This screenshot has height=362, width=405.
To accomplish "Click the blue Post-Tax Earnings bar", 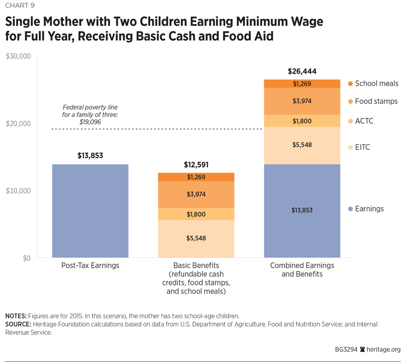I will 90,211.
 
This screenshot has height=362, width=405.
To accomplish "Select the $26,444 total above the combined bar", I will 302,71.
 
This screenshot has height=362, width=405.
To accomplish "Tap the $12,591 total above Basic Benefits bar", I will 196,165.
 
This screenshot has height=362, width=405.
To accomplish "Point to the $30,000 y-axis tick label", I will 18,56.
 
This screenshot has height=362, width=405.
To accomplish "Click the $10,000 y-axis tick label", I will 18,191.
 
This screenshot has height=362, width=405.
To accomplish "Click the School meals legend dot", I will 350,84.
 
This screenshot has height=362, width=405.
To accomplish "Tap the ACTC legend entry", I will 364,121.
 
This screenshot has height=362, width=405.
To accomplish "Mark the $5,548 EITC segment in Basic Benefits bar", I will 196,239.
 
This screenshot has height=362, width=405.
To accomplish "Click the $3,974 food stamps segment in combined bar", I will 302,101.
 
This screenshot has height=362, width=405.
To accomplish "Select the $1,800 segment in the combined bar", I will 302,121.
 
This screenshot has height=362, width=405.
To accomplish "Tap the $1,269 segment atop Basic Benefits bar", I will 196,177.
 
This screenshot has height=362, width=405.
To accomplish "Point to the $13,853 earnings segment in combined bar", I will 302,211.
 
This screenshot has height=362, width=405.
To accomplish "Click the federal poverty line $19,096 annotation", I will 90,113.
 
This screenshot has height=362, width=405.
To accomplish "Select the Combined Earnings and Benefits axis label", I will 302,270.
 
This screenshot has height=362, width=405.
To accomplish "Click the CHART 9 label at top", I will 21,7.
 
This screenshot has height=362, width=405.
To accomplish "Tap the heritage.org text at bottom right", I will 384,350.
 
